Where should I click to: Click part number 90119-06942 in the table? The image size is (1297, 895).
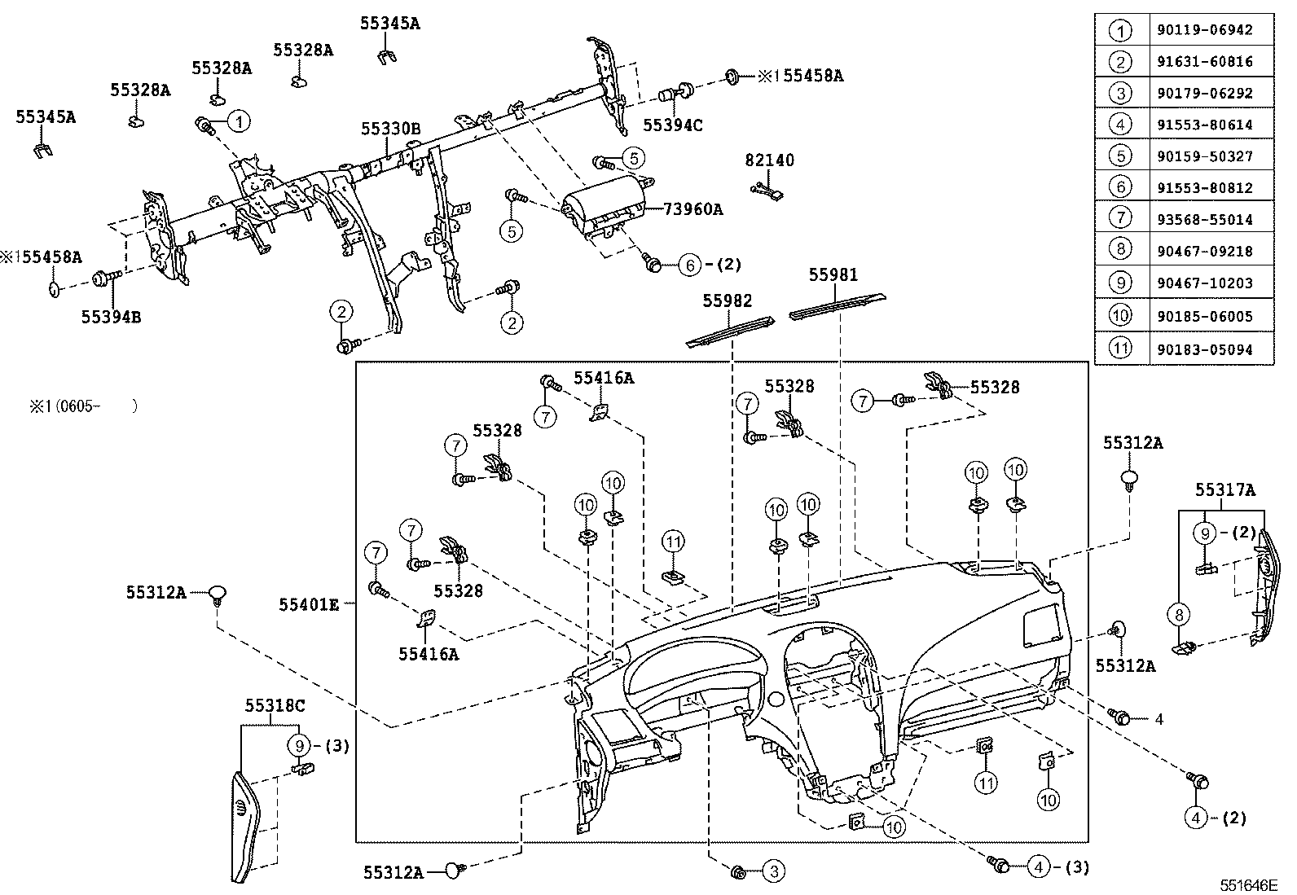pyautogui.click(x=1204, y=30)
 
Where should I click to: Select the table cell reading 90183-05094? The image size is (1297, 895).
pyautogui.click(x=1204, y=349)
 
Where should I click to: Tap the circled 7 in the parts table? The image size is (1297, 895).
pyautogui.click(x=1121, y=219)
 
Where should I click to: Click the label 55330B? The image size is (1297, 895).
pyautogui.click(x=391, y=129)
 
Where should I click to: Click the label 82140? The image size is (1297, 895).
pyautogui.click(x=769, y=160)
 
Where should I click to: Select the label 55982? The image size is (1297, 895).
pyautogui.click(x=728, y=301)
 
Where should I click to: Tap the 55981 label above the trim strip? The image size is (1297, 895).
pyautogui.click(x=833, y=275)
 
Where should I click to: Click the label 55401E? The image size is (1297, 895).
pyautogui.click(x=309, y=604)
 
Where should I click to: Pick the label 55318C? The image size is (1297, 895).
pyautogui.click(x=275, y=705)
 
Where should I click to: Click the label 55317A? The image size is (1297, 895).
pyautogui.click(x=1225, y=490)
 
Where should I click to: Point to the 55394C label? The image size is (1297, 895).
pyautogui.click(x=673, y=125)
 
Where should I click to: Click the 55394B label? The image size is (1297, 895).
pyautogui.click(x=111, y=316)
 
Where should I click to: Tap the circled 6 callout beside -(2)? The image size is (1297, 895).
pyautogui.click(x=689, y=265)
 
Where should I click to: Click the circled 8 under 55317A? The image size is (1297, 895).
pyautogui.click(x=1179, y=615)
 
